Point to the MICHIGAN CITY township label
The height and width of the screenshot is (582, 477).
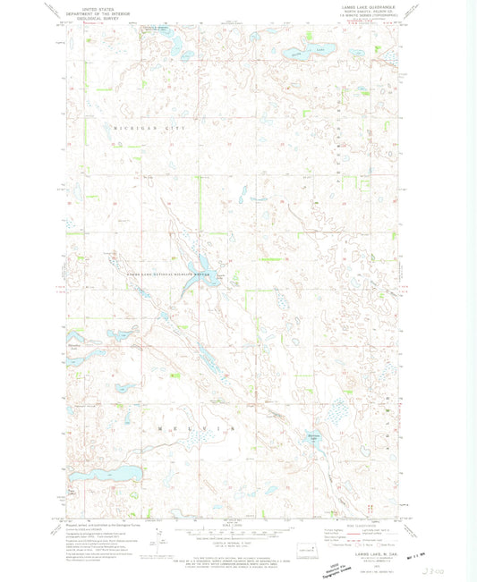click(148, 130)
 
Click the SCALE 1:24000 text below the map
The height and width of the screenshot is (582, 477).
click(234, 524)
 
